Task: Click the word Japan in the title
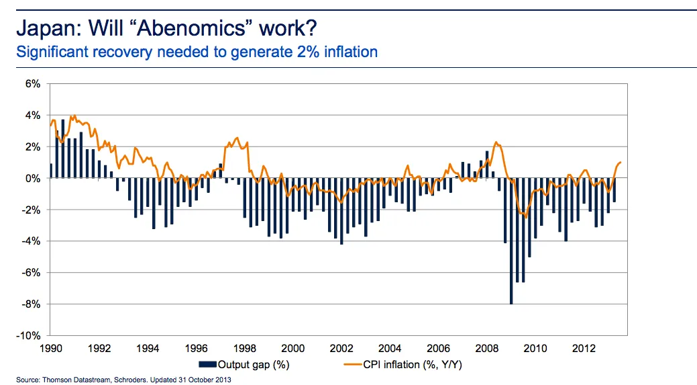(x=41, y=29)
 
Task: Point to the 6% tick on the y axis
(x=34, y=84)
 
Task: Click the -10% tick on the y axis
(x=30, y=335)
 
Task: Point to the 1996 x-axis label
(x=197, y=349)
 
